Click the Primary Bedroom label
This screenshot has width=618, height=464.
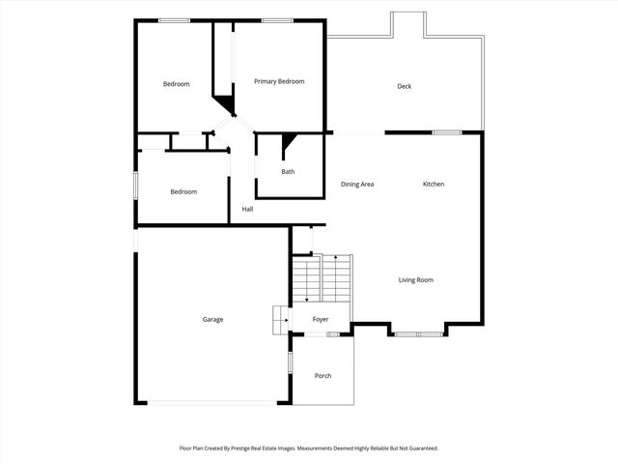point(279,81)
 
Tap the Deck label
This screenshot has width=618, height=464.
point(405,87)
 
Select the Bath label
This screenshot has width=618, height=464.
point(288,172)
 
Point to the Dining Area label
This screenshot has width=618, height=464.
point(357,184)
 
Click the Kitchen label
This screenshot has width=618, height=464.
point(434,184)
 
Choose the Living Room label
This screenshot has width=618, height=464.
point(416,280)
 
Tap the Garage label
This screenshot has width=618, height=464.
point(212,319)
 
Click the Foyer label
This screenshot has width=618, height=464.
point(320,319)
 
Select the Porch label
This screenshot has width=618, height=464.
point(323,375)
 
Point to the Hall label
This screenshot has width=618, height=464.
point(247,209)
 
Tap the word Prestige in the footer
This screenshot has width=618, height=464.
point(266,449)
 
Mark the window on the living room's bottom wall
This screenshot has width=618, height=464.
point(418,333)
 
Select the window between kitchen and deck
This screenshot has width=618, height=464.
point(445,132)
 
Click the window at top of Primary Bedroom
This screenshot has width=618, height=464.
point(277,20)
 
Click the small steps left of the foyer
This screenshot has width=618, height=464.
point(279,318)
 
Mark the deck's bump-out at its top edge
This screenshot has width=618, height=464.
point(406,24)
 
